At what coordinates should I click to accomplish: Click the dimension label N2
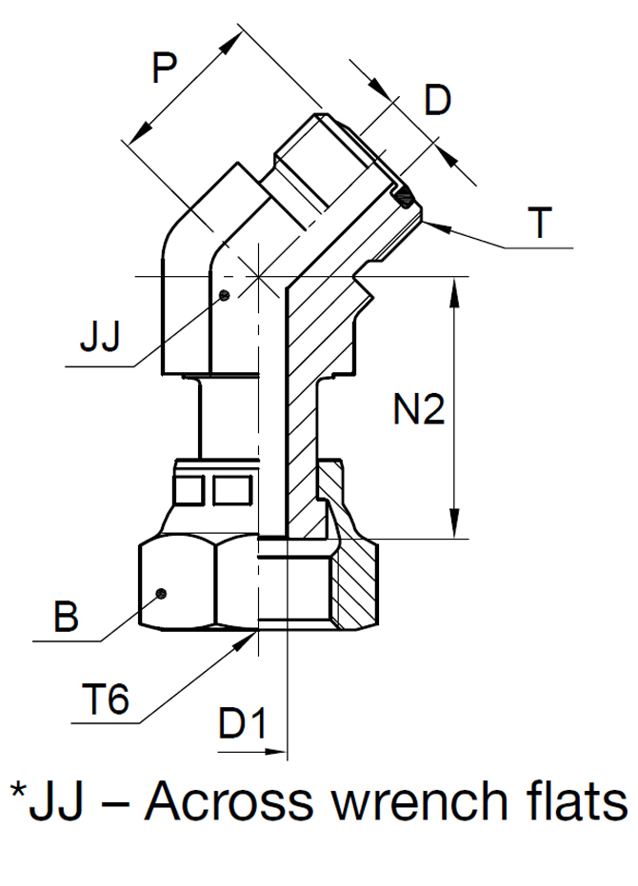419,410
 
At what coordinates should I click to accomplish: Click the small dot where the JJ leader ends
222,295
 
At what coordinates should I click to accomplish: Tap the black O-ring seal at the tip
406,200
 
